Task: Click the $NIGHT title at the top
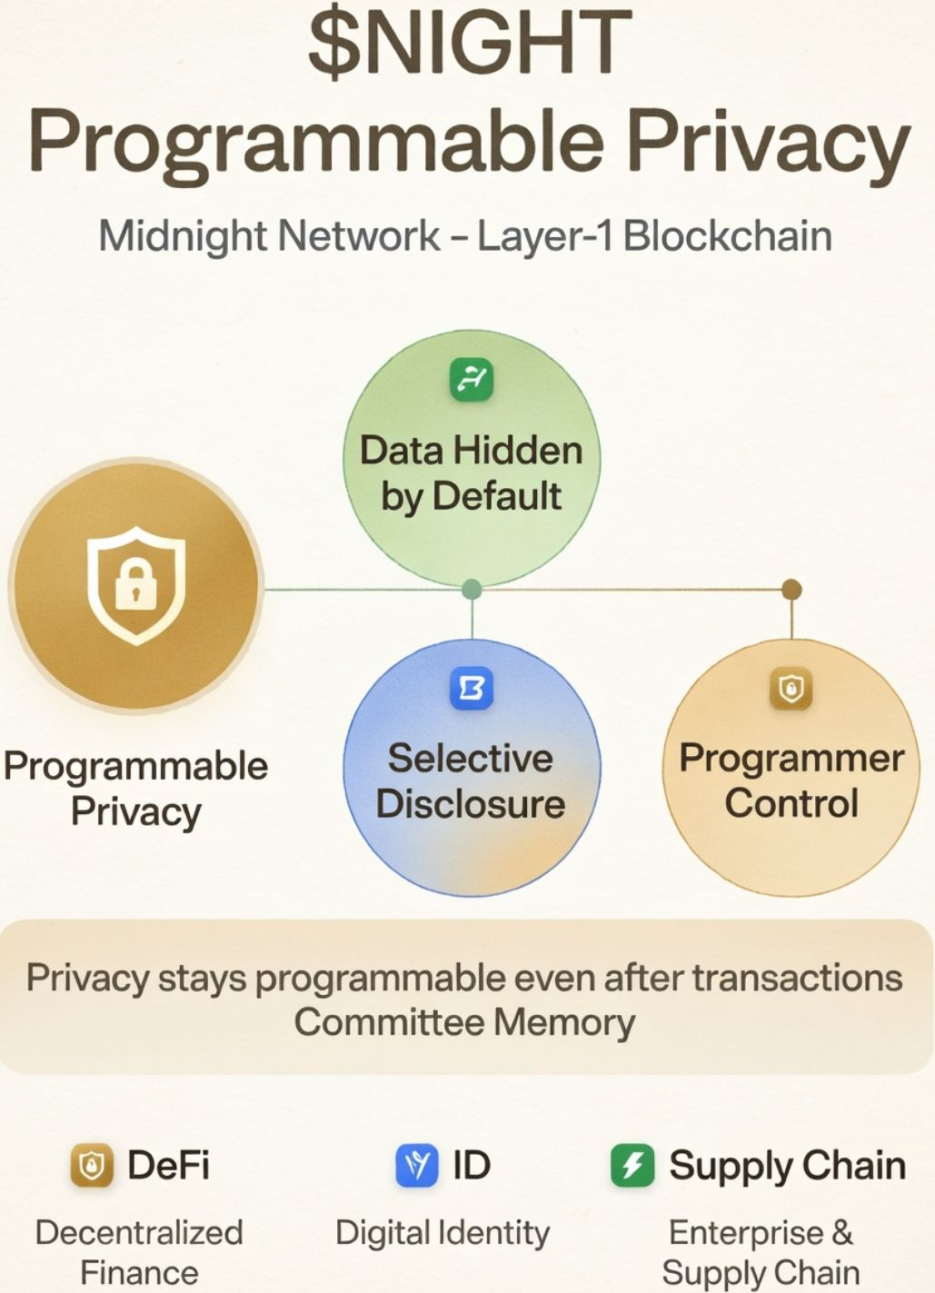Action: click(469, 44)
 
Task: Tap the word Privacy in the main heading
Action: click(768, 142)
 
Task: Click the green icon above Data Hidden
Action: click(472, 379)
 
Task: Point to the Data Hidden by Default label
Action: click(471, 473)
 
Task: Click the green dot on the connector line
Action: click(472, 590)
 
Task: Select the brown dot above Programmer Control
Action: click(791, 590)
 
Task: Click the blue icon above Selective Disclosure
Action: click(472, 688)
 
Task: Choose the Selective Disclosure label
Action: click(471, 781)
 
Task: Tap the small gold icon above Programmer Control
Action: click(791, 688)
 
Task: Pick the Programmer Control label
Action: click(791, 781)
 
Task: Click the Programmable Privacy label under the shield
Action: click(136, 788)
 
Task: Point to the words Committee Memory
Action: click(464, 1022)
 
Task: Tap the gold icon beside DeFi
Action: click(92, 1166)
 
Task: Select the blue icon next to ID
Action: click(417, 1166)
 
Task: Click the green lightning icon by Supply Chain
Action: click(632, 1166)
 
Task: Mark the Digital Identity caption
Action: click(443, 1233)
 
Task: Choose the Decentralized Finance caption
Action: click(139, 1252)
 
